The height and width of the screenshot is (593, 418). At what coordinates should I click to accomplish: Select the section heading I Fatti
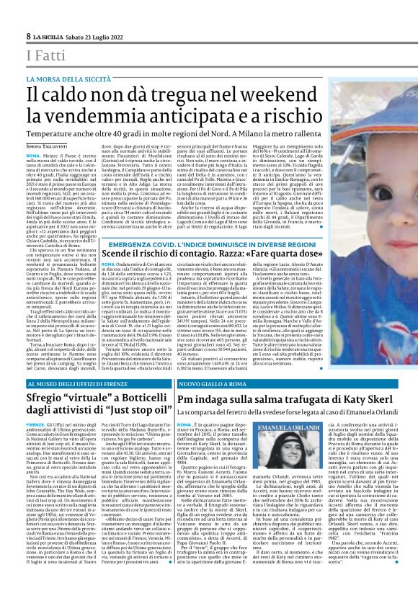47,55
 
